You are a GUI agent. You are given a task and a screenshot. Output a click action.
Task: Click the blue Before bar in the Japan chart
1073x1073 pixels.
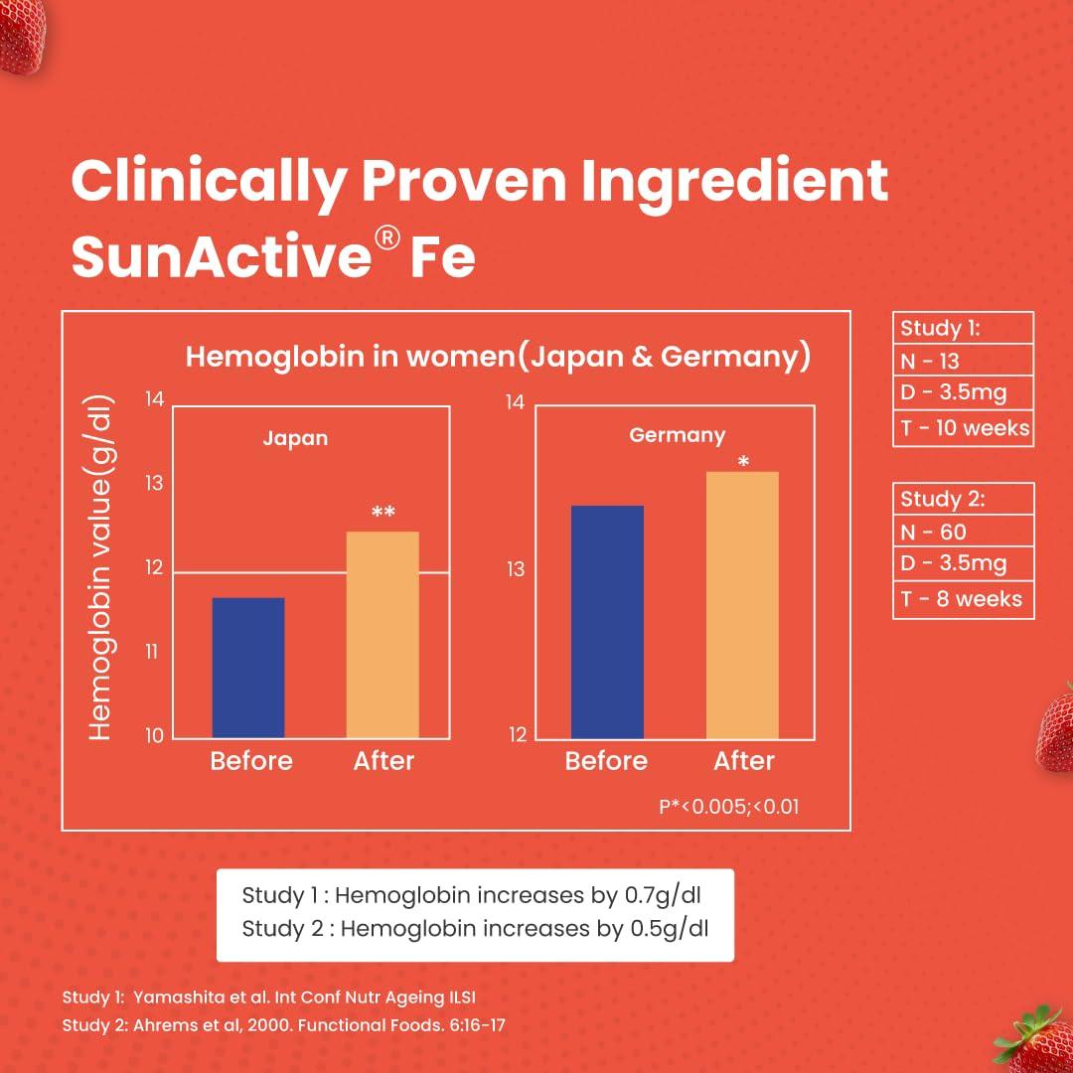pos(248,667)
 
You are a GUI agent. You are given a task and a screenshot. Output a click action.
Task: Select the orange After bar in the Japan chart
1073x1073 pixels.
pos(383,634)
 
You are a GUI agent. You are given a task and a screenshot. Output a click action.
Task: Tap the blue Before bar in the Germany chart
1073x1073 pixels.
pos(607,621)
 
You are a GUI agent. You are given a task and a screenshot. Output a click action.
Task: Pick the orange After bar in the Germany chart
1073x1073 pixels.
pos(742,604)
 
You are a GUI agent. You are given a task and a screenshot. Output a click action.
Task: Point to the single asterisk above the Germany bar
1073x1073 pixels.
pos(743,462)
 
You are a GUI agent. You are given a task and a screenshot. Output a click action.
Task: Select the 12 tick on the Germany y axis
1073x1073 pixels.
pos(517,735)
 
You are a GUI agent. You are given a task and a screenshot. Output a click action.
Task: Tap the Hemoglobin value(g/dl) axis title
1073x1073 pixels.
pos(100,568)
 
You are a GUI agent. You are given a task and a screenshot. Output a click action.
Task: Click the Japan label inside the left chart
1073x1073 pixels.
pos(295,438)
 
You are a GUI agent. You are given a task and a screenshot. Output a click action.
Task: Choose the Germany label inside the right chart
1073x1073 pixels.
pos(677,435)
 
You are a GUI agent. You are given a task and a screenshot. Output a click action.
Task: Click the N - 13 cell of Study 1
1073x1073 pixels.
pos(963,362)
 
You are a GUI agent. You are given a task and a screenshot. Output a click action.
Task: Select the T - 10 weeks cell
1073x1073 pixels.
pos(963,429)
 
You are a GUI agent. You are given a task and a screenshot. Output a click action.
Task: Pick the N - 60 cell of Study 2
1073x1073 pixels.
pos(963,533)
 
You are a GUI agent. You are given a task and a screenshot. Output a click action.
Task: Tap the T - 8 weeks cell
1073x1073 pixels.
pos(963,600)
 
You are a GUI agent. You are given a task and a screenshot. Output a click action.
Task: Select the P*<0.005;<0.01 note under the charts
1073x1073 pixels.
pos(728,807)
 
